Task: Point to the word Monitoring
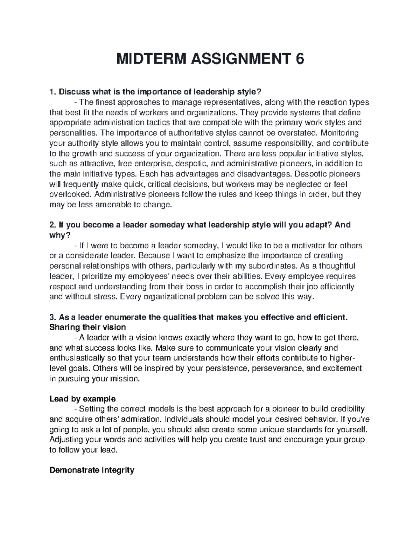click(x=339, y=133)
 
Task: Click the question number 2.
click(x=52, y=225)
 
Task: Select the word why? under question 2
click(x=58, y=235)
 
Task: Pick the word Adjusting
click(x=66, y=440)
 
